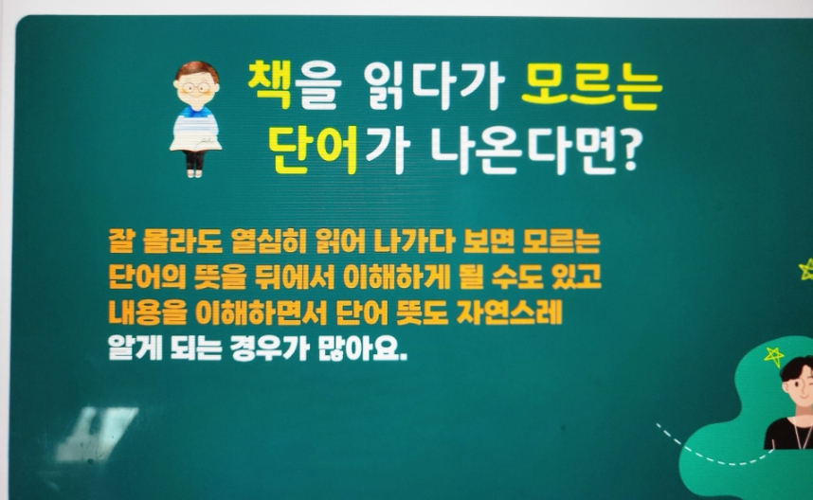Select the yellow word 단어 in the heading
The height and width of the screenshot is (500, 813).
pos(315,150)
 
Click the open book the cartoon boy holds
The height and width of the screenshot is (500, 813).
pos(195,141)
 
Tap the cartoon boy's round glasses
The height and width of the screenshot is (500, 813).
pos(196,88)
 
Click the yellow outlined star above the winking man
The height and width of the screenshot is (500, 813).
pos(774,356)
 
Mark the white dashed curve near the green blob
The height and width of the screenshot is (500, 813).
pos(705,454)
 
